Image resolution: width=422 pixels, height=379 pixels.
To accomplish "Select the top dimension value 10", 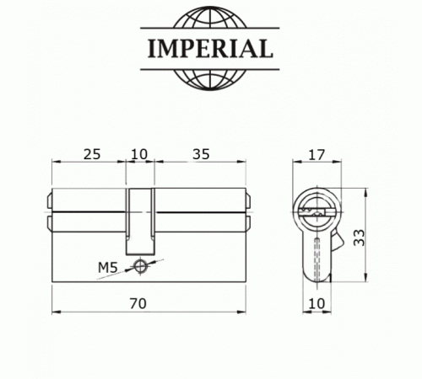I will point(140,154).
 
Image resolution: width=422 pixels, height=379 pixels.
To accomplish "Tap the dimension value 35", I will point(201,154).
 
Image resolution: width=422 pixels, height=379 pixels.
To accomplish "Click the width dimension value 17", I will point(317,154).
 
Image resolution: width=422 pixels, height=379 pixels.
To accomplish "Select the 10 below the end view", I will point(316,303).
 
